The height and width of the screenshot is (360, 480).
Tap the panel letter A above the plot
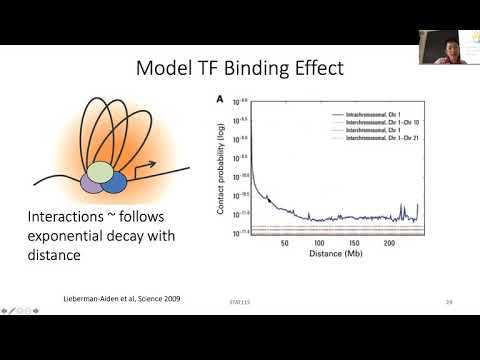220,100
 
